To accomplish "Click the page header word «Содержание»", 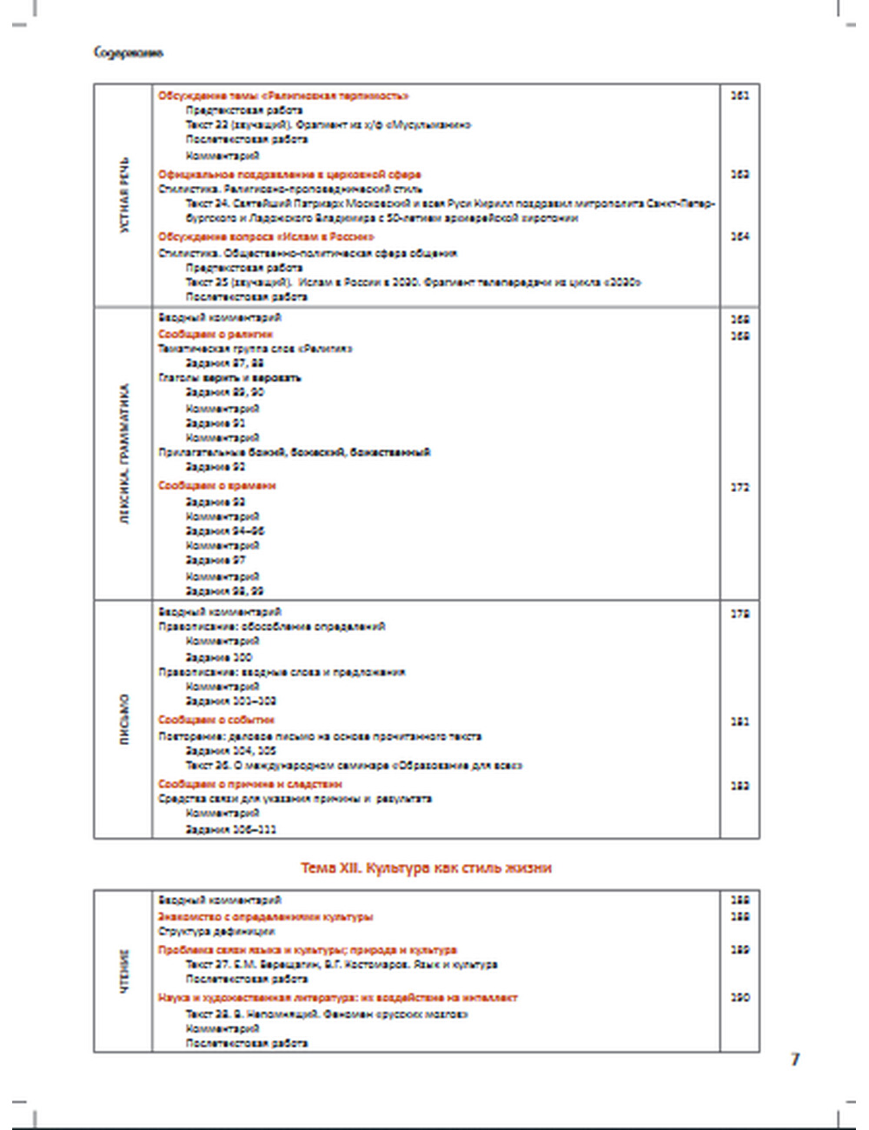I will coord(129,53).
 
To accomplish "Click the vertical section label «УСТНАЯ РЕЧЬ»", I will coord(124,196).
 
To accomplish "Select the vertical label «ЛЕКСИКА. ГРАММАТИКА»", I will coord(124,455).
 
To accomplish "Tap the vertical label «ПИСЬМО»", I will coord(124,720).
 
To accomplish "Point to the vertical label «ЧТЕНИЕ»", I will coord(124,972).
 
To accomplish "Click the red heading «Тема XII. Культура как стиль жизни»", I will coord(426,867).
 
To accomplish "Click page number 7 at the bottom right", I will coord(794,1059).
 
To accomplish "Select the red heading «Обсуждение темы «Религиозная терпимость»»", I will coord(283,96).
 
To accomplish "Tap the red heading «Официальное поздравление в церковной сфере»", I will coord(289,174).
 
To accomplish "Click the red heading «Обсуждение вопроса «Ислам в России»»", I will coord(267,236).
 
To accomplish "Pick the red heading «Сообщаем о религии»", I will coord(216,334).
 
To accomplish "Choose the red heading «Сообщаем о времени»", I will coord(217,486).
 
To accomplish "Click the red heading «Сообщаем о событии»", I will coord(216,720).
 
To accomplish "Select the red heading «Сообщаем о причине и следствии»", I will coord(250,784).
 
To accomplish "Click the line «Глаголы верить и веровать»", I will coord(229,378).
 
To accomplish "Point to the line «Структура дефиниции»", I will coord(216,931).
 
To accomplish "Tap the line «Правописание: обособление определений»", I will coord(272,626).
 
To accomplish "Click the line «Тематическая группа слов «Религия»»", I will coord(255,349).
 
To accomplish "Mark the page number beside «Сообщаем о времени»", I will coord(740,488).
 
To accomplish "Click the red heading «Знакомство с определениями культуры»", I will coord(266,917).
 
